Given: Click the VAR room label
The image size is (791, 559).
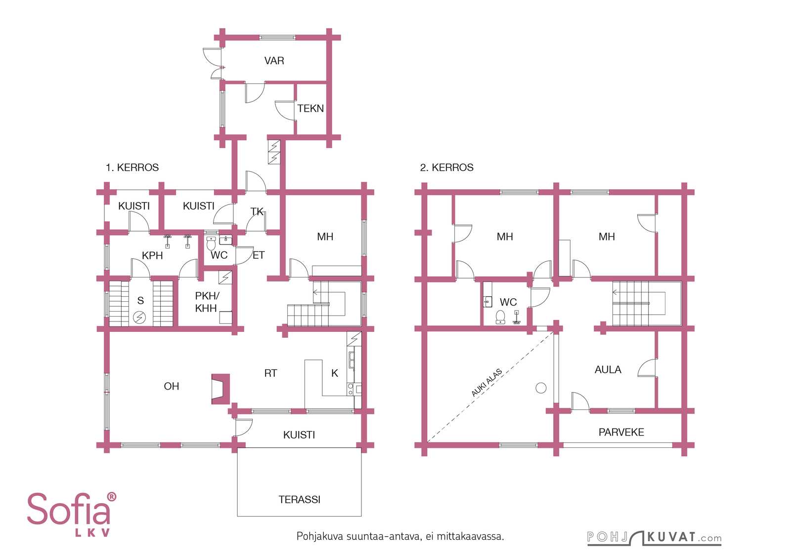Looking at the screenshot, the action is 274,61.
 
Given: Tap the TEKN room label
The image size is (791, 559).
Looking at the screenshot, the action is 310,108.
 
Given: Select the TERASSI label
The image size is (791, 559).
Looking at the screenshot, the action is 300,499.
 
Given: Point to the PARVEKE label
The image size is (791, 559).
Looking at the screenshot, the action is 621,432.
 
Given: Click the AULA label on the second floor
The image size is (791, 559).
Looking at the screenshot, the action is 608,369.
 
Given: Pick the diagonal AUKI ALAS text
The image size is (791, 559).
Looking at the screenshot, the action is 486,383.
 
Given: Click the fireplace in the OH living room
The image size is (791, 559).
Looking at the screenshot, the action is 220,389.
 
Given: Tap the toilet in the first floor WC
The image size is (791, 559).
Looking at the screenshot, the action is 211,243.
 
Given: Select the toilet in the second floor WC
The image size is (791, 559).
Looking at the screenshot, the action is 500,317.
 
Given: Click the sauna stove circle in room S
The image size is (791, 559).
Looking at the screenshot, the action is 139,318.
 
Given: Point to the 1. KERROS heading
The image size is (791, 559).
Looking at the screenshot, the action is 132,167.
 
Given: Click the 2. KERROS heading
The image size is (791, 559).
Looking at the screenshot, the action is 447,167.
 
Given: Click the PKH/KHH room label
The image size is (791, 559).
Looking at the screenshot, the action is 207,302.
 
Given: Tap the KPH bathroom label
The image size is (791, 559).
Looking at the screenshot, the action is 152,255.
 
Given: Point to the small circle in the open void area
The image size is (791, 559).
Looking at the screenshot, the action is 541,388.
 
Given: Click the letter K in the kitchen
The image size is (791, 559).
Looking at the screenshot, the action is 334,373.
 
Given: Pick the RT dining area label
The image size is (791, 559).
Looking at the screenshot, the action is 270,373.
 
